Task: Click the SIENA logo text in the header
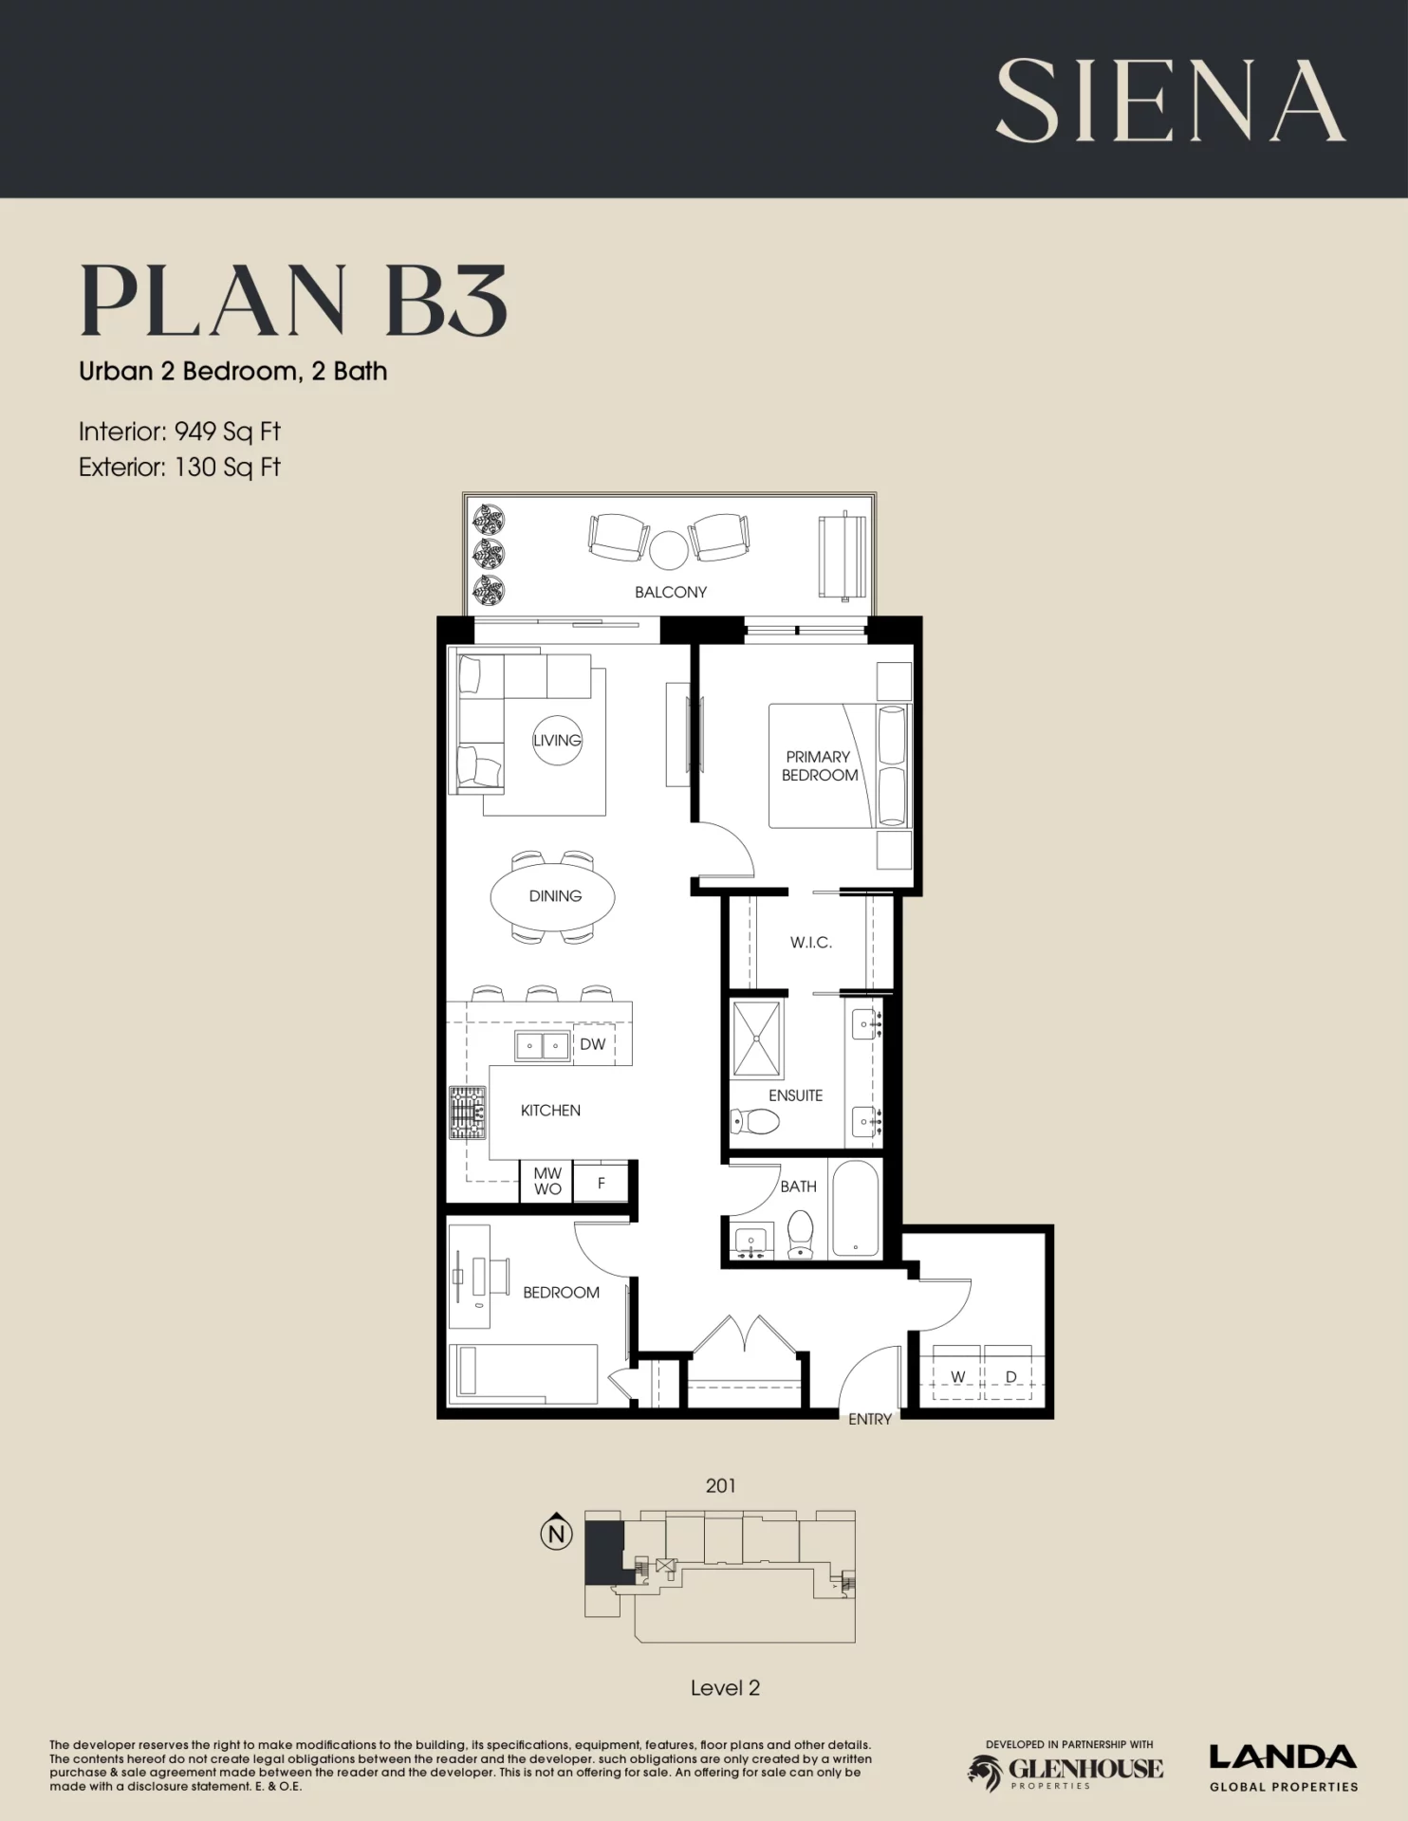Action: (x=1170, y=101)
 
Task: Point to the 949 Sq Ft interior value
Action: (x=228, y=432)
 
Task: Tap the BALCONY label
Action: (x=671, y=592)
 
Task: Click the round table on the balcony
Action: (x=668, y=548)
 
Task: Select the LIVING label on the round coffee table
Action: (x=557, y=740)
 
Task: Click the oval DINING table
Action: (x=552, y=896)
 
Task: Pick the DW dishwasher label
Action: (x=592, y=1044)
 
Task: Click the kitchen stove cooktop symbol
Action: (x=467, y=1113)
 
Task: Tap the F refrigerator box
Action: (x=601, y=1183)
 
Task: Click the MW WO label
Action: (x=547, y=1181)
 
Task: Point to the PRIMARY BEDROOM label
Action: (x=819, y=765)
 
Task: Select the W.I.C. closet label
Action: (x=811, y=942)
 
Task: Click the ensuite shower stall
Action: (x=757, y=1039)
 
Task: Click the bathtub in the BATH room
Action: (x=855, y=1208)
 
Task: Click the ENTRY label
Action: (x=870, y=1419)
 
